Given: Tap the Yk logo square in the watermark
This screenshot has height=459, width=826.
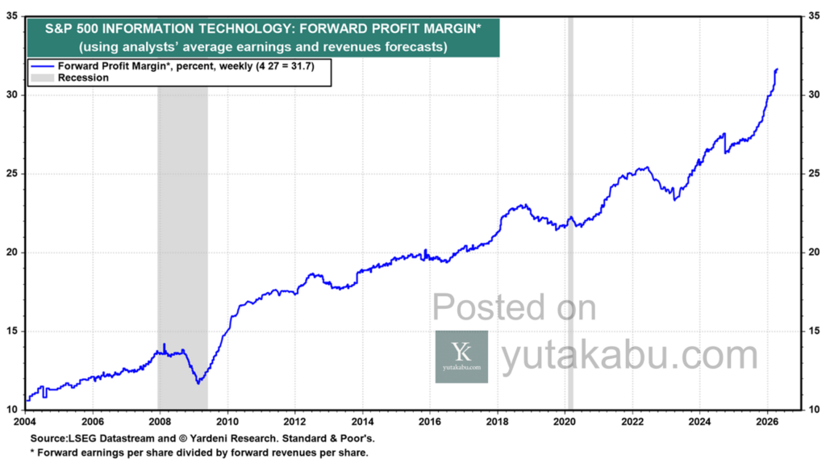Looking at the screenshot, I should pyautogui.click(x=461, y=356).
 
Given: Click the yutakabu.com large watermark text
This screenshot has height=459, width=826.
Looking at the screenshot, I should pyautogui.click(x=629, y=356).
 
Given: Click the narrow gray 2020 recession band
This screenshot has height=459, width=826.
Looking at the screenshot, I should pyautogui.click(x=569, y=242).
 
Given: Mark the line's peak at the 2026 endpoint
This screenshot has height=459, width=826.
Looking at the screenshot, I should pyautogui.click(x=776, y=69).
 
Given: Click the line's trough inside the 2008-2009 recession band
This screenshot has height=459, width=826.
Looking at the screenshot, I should pyautogui.click(x=198, y=382).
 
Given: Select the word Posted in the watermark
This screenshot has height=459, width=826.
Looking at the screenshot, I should pyautogui.click(x=479, y=308).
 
